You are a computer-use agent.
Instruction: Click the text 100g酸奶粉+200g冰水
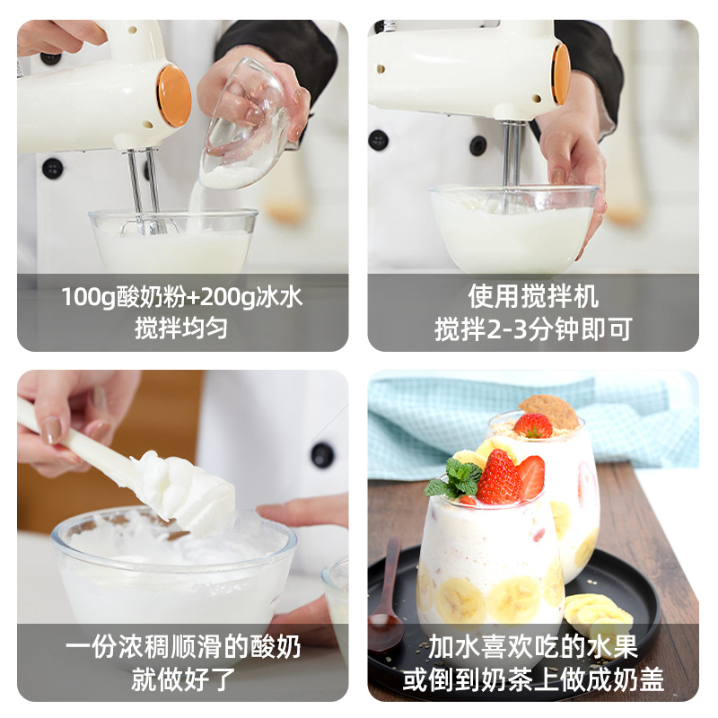[182, 297]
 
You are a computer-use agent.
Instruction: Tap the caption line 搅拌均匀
[182, 328]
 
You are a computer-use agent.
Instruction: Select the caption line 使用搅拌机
[533, 297]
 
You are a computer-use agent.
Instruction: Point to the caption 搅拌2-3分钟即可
[533, 328]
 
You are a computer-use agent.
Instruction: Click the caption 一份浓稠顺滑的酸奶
[182, 647]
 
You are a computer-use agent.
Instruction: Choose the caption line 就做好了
[182, 679]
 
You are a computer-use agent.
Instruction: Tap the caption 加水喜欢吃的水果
[533, 647]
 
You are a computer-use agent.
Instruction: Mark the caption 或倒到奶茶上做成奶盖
[533, 679]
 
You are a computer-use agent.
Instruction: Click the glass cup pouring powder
[244, 126]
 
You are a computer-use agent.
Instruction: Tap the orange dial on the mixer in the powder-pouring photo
[174, 95]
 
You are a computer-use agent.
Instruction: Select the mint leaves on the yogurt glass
[455, 478]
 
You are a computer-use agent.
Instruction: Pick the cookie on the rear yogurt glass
[549, 409]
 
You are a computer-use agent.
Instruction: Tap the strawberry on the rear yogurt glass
[532, 425]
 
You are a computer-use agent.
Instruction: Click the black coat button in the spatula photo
[322, 455]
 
